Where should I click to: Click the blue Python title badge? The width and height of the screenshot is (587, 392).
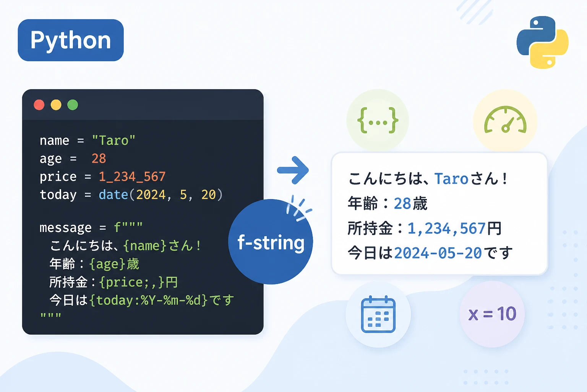[71, 40]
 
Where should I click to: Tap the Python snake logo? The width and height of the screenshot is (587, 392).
[542, 42]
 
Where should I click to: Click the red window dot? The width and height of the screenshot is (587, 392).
[39, 105]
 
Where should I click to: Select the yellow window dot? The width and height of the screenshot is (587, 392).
[56, 105]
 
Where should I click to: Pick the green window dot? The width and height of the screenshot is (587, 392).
[73, 105]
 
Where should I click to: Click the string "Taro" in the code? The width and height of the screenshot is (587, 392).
[114, 140]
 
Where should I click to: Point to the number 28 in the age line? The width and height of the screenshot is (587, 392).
[99, 158]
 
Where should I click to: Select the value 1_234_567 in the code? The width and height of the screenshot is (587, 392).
[132, 176]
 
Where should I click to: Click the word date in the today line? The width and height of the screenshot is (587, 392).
[113, 194]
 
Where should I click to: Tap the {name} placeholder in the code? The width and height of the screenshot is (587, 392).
[145, 246]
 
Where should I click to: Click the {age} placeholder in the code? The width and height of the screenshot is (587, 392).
[107, 264]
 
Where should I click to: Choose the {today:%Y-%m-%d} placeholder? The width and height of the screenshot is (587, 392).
[149, 301]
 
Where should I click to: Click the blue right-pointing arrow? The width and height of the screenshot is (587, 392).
[293, 170]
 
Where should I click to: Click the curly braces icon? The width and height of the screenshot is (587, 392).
[378, 120]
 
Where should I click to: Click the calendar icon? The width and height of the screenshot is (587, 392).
[378, 314]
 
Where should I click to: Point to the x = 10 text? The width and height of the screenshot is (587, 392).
[492, 314]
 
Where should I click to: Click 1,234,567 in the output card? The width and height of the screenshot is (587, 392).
[446, 228]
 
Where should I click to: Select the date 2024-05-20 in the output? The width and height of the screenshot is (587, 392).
[438, 253]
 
